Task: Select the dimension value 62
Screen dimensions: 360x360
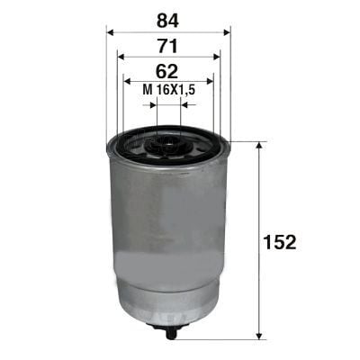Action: (x=168, y=69)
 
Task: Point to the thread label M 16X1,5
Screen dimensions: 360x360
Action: (x=169, y=90)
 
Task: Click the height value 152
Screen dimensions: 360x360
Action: (x=280, y=241)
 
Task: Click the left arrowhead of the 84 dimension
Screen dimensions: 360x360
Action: (x=112, y=31)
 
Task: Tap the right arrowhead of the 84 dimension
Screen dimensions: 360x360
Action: (x=225, y=31)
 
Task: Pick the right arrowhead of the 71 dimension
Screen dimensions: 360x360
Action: (x=215, y=56)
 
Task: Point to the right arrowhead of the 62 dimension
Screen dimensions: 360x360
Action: (x=208, y=81)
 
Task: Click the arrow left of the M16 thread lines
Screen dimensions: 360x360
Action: (x=151, y=104)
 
